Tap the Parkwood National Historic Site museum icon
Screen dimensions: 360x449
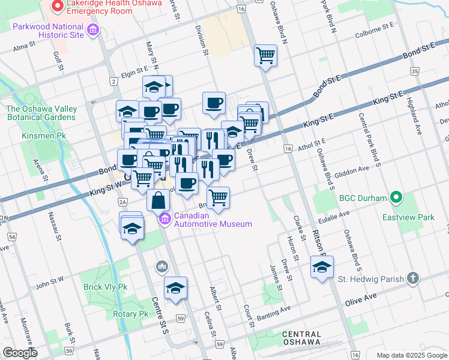[92, 29]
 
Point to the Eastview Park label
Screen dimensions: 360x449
[409, 217]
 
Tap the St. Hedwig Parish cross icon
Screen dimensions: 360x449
[412, 278]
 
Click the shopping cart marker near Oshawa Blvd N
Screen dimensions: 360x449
[265, 56]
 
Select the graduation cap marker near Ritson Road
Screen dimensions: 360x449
[322, 268]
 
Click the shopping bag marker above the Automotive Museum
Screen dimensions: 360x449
[158, 201]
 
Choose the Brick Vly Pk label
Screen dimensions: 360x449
[106, 287]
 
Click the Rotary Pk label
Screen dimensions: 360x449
[130, 314]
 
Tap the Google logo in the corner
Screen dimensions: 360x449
[20, 352]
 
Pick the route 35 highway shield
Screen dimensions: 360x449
[414, 71]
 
